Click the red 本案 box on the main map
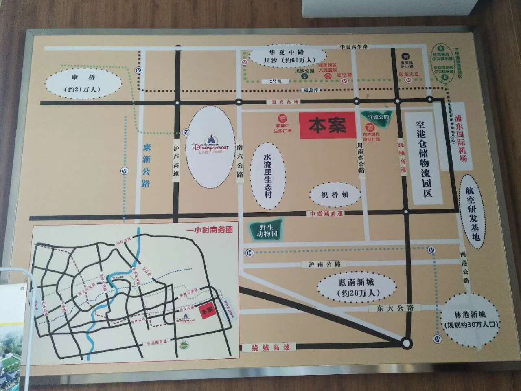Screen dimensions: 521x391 [327, 125]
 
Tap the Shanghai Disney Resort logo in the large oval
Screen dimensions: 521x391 [210, 146]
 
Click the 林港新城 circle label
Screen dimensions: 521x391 [471, 320]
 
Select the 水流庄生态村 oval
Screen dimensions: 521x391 [267, 176]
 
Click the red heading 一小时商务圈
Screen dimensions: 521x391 [208, 230]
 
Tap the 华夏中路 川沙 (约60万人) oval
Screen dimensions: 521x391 [288, 56]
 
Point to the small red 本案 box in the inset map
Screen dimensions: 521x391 [208, 310]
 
